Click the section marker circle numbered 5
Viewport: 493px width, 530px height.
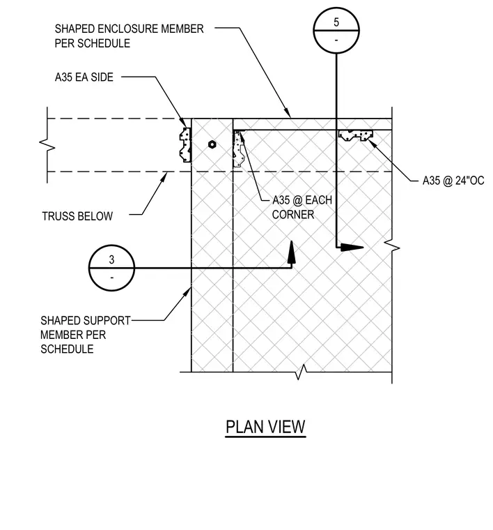click(336, 8)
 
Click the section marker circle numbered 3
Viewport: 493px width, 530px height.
click(111, 245)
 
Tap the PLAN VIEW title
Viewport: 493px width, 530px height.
click(265, 427)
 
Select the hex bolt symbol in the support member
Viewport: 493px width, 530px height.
click(212, 144)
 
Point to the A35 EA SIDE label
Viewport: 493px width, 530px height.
click(84, 77)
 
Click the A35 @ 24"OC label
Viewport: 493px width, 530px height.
click(453, 181)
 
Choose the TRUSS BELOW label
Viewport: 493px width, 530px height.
click(77, 216)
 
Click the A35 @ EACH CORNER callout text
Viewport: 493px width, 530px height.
click(302, 207)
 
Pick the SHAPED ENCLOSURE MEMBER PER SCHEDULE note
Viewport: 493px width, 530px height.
click(130, 36)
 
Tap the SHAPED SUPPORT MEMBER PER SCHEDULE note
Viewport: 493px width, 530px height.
click(86, 335)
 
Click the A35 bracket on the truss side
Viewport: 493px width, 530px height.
click(185, 144)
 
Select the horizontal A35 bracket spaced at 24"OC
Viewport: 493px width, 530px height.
click(356, 135)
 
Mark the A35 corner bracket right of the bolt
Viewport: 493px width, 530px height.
click(238, 149)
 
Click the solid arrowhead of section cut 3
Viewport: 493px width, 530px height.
click(292, 252)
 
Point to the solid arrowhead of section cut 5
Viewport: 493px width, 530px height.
click(352, 248)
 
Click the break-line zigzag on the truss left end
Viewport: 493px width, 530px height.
click(47, 144)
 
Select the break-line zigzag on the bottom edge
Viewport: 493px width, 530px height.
click(301, 372)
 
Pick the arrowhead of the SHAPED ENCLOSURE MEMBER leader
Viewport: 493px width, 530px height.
click(287, 112)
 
